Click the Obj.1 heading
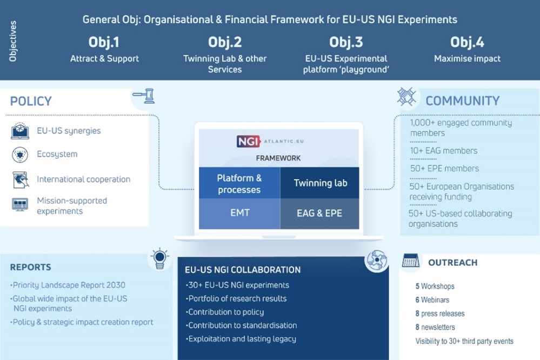point(104,42)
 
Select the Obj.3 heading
point(346,42)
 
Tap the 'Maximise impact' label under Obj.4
point(467,58)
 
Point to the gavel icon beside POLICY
point(143,96)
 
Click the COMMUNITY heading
point(462,101)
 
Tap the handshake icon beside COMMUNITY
point(406,97)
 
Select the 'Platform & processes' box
point(239,184)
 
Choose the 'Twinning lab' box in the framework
point(320,183)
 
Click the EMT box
point(239,212)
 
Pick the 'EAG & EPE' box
point(319,213)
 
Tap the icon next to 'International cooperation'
point(20,179)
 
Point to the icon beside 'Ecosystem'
point(20,155)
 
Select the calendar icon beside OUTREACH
point(411,261)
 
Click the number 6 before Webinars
point(417,300)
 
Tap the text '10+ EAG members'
point(443,151)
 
